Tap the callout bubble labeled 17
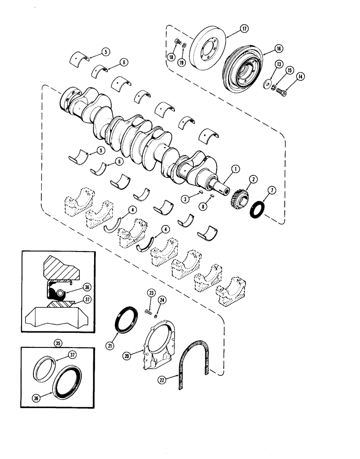pyautogui.click(x=244, y=29)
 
